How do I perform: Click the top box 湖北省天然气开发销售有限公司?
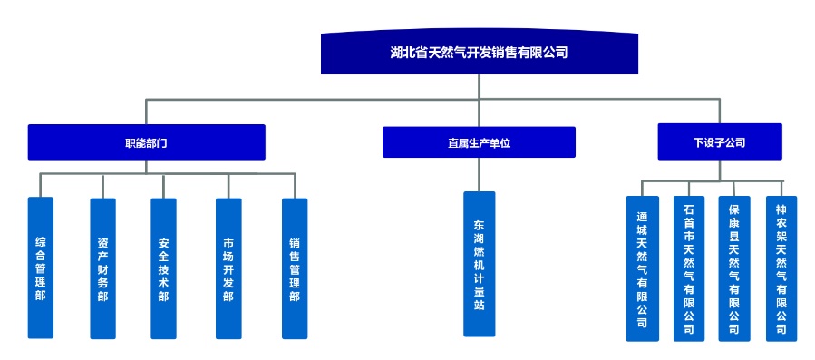pos(480,54)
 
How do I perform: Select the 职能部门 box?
pos(146,142)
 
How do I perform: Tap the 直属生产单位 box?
pos(479,142)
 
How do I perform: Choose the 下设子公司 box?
pos(719,142)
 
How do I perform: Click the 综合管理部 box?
pos(41,268)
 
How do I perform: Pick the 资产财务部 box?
pos(102,268)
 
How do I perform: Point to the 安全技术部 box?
pos(163,268)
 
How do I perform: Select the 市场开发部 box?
pos(228,268)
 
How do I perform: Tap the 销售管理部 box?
pos(295,268)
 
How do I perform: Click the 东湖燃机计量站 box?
pos(480,264)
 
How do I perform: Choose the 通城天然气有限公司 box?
pos(642,268)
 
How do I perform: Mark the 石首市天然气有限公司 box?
pos(689,268)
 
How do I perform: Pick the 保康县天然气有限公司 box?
pos(734,268)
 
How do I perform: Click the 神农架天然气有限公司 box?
pos(781,268)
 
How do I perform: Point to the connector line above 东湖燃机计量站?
pos(480,175)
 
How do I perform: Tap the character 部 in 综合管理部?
pos(41,296)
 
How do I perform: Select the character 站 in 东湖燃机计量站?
pos(480,306)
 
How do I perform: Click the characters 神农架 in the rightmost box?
pos(781,222)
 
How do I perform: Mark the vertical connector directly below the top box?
pos(480,86)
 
